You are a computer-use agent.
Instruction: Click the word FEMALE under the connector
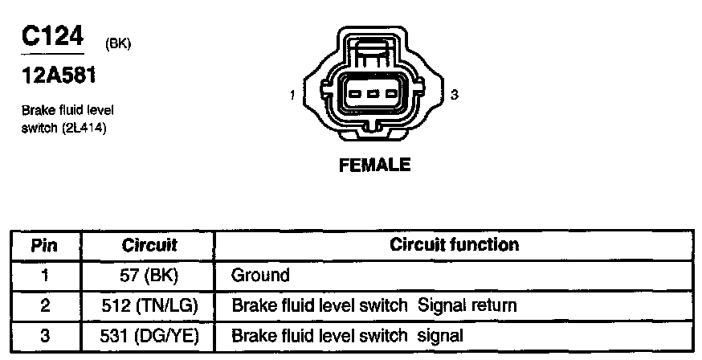[375, 166]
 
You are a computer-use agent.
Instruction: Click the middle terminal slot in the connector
[374, 94]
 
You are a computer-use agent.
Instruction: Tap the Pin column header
[45, 245]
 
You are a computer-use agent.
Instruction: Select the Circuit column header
[149, 245]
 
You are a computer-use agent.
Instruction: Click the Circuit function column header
[454, 244]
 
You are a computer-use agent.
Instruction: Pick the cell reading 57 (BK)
[149, 276]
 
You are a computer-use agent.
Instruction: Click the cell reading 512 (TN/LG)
[149, 305]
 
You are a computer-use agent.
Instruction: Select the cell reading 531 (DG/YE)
[149, 335]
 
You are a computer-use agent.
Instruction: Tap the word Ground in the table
[260, 276]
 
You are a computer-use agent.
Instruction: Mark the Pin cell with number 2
[45, 305]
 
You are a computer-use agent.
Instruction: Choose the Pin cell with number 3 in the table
[45, 335]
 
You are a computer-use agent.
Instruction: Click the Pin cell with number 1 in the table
[45, 276]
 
